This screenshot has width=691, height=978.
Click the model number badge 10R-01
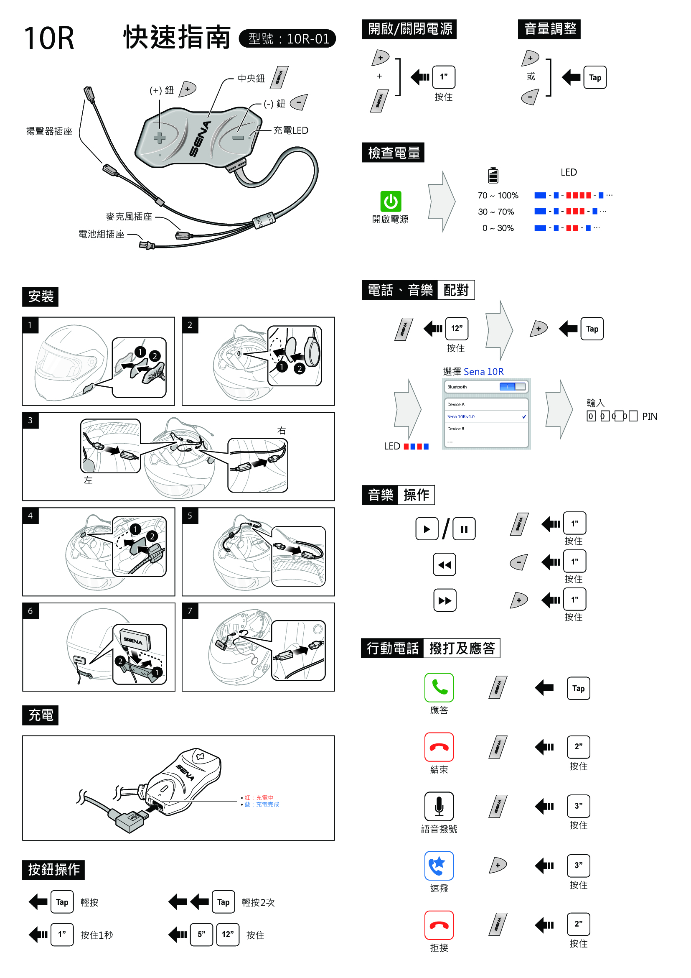tap(287, 39)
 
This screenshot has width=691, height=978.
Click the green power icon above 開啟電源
tap(390, 201)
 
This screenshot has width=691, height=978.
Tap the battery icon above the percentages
tap(493, 175)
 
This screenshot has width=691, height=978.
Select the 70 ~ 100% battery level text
tap(498, 196)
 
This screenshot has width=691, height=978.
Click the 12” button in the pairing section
tap(457, 328)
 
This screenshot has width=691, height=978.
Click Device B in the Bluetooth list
tap(456, 429)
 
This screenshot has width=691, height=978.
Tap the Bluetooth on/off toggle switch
tap(513, 387)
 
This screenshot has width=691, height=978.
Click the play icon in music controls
tap(427, 529)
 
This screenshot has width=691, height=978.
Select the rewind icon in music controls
tap(444, 565)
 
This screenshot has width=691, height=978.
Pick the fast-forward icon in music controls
tap(445, 600)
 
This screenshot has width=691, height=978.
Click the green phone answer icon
tap(439, 687)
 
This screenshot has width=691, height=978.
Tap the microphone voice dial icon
tap(439, 806)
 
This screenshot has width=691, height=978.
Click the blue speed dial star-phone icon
tap(439, 866)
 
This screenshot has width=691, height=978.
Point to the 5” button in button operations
tap(201, 935)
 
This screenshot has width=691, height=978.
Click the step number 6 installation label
tap(30, 611)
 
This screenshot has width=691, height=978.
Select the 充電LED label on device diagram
tap(291, 130)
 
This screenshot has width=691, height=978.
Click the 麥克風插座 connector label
tap(129, 217)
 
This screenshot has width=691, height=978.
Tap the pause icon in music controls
tap(464, 529)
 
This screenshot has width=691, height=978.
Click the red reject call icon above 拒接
tap(439, 925)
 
